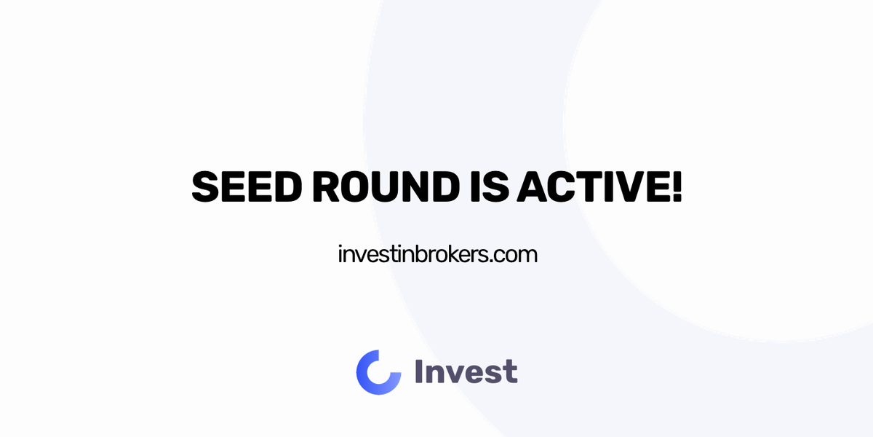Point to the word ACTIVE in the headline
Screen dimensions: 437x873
point(591,187)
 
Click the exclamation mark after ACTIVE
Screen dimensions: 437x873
point(676,187)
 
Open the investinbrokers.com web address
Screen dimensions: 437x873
point(437,255)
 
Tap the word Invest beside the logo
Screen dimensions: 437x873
point(466,372)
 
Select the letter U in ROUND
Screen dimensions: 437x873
point(375,187)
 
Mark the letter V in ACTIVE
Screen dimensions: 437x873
point(623,187)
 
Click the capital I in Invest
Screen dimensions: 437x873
point(418,372)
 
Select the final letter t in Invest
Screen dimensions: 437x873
point(511,373)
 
